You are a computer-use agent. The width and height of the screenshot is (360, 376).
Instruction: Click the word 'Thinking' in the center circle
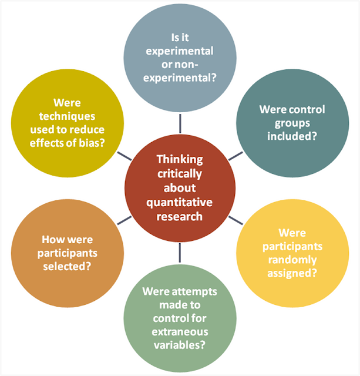pyautogui.click(x=180, y=160)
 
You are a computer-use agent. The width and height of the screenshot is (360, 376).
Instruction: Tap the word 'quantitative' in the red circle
pyautogui.click(x=180, y=202)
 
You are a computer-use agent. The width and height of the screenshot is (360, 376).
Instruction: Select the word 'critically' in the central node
pyautogui.click(x=180, y=174)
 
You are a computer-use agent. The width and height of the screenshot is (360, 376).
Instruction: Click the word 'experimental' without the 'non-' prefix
pyautogui.click(x=180, y=51)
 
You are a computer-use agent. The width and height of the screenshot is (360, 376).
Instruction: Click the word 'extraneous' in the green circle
pyautogui.click(x=180, y=333)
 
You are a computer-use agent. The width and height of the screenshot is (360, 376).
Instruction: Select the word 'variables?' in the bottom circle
pyautogui.click(x=180, y=347)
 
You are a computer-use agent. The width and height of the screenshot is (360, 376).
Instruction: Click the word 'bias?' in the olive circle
pyautogui.click(x=93, y=145)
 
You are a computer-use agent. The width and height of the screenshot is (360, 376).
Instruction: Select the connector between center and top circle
pyautogui.click(x=180, y=123)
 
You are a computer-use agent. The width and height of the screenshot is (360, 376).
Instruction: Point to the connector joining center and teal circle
pyautogui.click(x=234, y=156)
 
